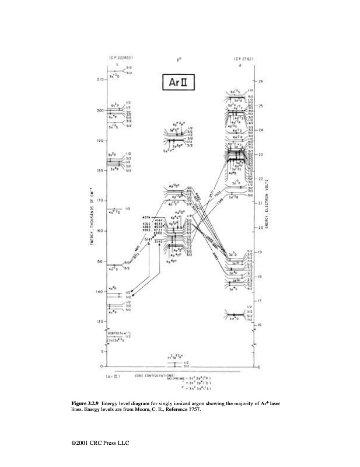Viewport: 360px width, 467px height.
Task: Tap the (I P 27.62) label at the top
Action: tap(242, 58)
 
